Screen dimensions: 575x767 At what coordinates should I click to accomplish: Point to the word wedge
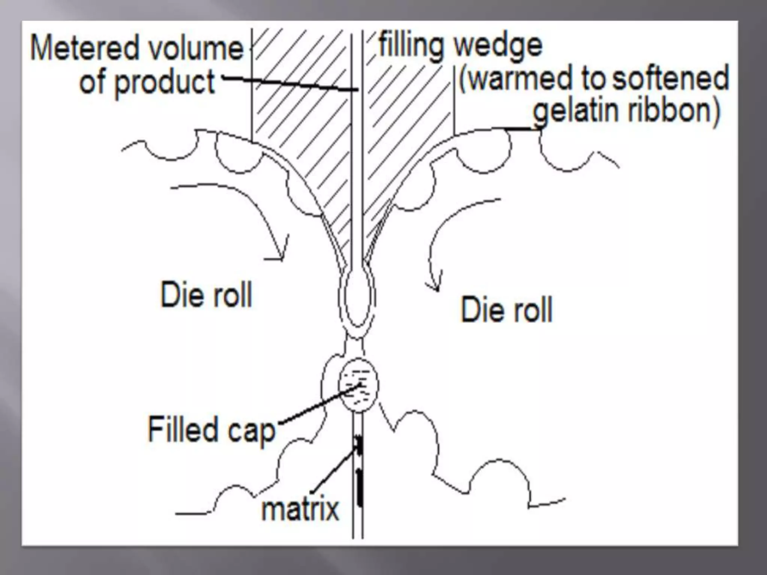pos(498,47)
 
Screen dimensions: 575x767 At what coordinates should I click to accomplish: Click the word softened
pos(670,79)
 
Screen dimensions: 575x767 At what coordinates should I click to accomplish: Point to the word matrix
pos(300,509)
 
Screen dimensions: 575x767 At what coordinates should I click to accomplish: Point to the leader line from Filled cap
pos(318,406)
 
